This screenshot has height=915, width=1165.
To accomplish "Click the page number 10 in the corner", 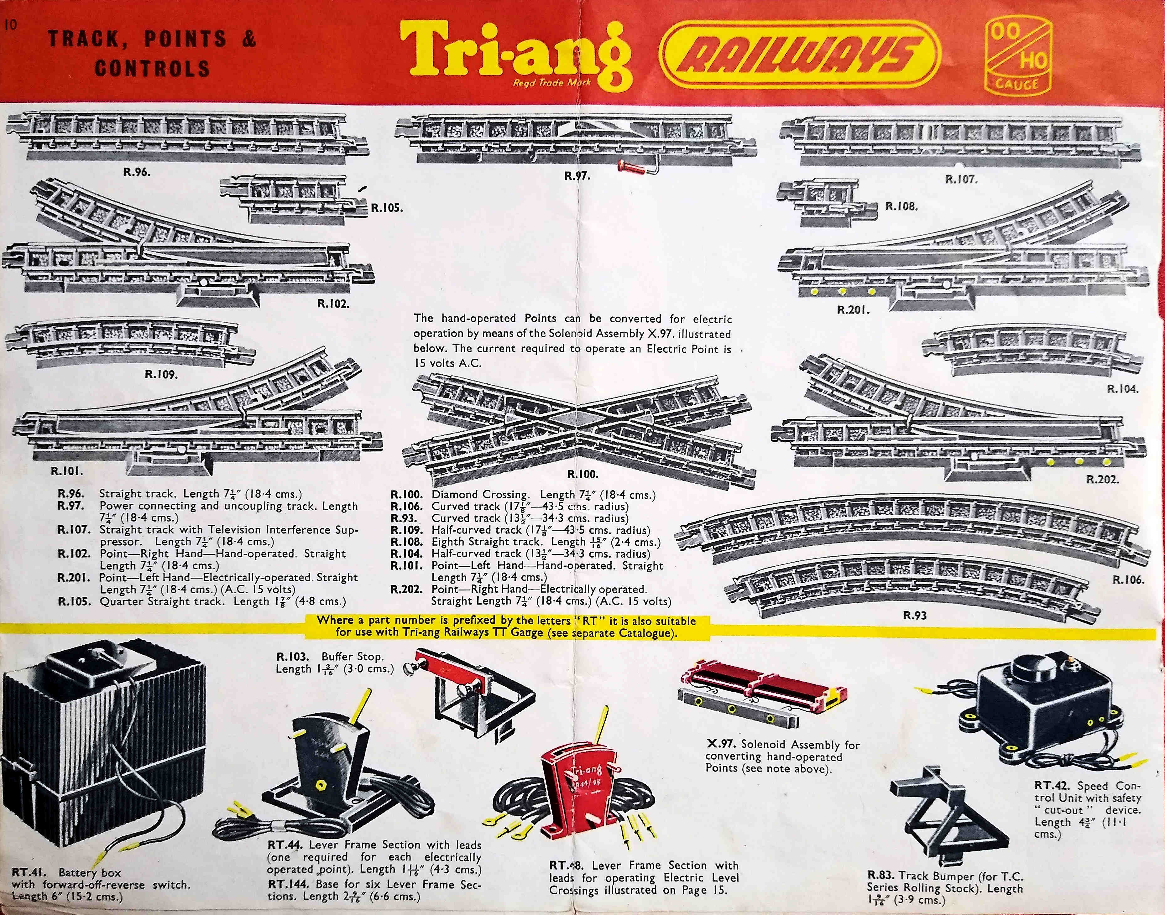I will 10,25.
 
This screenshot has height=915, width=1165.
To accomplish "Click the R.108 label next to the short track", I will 901,206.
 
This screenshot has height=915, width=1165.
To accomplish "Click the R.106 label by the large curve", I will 1128,579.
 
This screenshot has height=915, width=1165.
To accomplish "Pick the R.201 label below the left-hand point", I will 853,309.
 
